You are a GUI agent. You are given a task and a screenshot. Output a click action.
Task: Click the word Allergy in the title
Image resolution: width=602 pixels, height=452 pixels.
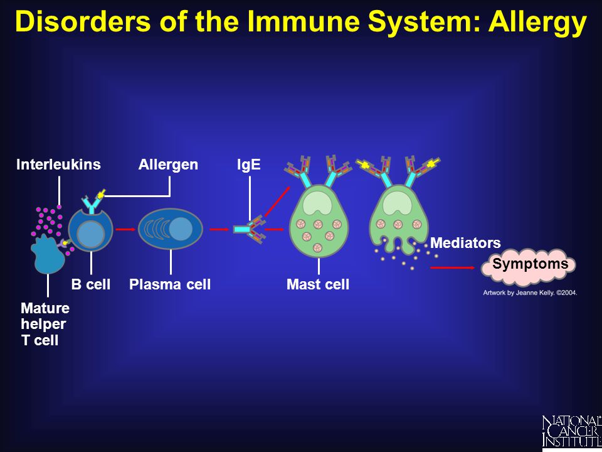point(537,21)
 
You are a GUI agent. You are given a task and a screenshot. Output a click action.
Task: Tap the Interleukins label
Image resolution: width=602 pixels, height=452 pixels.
point(58,164)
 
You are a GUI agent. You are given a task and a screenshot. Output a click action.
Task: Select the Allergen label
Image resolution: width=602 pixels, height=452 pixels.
point(168,164)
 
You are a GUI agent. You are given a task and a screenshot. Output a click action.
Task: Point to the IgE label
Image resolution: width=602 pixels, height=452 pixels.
point(249,164)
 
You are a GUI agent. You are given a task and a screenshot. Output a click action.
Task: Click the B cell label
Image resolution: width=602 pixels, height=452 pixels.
point(90,284)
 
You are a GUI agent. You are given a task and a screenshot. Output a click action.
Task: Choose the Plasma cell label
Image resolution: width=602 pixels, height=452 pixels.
point(170,284)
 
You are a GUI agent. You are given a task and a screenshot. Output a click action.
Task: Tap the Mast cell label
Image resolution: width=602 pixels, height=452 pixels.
point(318,284)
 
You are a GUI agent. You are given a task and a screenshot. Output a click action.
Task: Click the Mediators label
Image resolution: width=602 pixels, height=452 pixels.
point(465,243)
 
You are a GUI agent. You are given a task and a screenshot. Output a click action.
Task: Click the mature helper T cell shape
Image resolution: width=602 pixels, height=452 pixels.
point(48,254)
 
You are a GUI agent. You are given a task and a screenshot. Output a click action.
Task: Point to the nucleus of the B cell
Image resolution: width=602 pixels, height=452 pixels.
point(90,235)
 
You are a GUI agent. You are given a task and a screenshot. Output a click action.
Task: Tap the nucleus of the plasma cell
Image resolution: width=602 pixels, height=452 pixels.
point(181,229)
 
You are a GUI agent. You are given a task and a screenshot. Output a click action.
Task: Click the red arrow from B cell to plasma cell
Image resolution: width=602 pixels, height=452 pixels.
point(125,230)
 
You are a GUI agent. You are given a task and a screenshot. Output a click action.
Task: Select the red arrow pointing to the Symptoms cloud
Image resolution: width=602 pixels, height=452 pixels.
point(452,267)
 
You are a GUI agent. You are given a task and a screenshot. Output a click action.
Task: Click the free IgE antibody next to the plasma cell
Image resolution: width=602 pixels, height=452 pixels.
point(250,230)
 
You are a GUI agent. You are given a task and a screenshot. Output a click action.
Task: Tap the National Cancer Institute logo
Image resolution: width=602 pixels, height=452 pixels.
point(572,431)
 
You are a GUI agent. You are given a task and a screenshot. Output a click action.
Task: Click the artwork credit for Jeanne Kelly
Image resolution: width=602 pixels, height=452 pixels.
point(530,293)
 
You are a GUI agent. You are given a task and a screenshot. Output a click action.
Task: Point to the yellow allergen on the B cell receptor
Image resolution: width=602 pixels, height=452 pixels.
point(101,195)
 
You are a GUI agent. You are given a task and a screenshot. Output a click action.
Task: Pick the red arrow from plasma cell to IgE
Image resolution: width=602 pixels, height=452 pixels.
point(219,230)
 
